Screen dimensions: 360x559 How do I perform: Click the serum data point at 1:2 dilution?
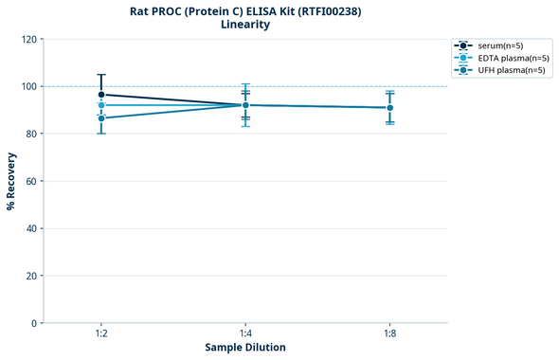[101, 95]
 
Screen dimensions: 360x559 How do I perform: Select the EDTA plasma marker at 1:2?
[101, 105]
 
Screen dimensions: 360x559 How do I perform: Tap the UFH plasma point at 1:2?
[101, 117]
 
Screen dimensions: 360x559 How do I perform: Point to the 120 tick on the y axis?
[28, 39]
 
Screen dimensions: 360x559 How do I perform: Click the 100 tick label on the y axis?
[28, 86]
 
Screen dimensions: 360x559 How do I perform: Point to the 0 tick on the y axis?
[34, 323]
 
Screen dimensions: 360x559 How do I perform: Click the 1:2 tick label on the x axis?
[101, 334]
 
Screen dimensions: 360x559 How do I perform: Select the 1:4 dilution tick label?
[245, 334]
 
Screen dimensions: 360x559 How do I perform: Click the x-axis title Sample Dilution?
[245, 348]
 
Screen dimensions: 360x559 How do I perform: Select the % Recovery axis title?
[11, 180]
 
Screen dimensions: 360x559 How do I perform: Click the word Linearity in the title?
[245, 25]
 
